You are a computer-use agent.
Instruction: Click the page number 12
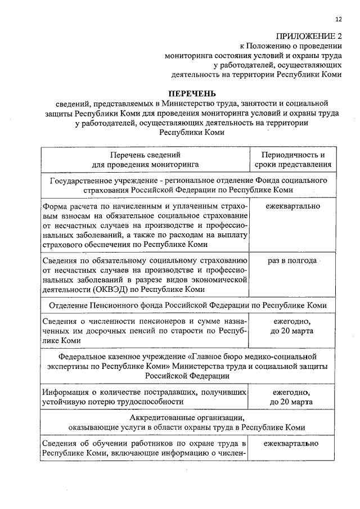click(x=338, y=20)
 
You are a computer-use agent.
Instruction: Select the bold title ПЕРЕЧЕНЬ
click(x=192, y=93)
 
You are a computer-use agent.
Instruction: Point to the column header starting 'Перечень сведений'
click(x=145, y=160)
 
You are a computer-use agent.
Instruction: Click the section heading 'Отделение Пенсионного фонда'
click(x=105, y=305)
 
